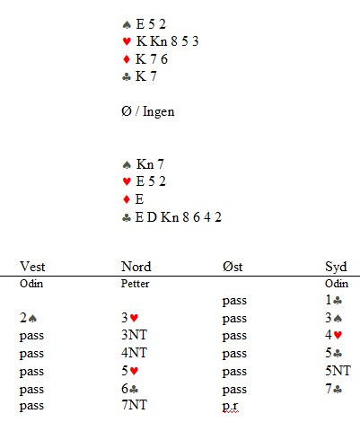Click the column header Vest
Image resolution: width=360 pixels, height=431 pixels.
click(32, 267)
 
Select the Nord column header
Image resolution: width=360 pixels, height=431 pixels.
click(136, 267)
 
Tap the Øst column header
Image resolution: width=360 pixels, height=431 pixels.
click(233, 267)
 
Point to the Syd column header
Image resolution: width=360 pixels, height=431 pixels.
click(336, 267)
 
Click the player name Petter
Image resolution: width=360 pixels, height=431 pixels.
click(135, 284)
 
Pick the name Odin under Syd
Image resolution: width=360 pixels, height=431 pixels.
click(337, 284)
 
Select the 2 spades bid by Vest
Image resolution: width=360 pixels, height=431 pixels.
click(28, 318)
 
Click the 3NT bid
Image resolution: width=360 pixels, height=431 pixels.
click(134, 335)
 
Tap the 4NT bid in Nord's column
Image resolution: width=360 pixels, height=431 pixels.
click(134, 353)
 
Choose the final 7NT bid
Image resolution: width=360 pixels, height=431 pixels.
click(134, 405)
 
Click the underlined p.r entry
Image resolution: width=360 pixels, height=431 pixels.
click(230, 406)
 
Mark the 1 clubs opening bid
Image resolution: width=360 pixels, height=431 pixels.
click(334, 300)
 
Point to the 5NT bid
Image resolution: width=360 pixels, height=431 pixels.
click(338, 371)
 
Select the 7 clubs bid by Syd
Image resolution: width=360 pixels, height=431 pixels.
click(334, 389)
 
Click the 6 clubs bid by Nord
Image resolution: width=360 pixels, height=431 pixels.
click(130, 389)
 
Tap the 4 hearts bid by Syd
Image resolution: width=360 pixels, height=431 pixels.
click(334, 335)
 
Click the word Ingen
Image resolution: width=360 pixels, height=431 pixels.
click(159, 112)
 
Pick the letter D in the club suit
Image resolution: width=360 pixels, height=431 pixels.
click(152, 217)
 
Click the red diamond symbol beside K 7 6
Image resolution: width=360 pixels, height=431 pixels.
click(127, 59)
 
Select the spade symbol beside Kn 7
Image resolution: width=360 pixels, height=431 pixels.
click(127, 164)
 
